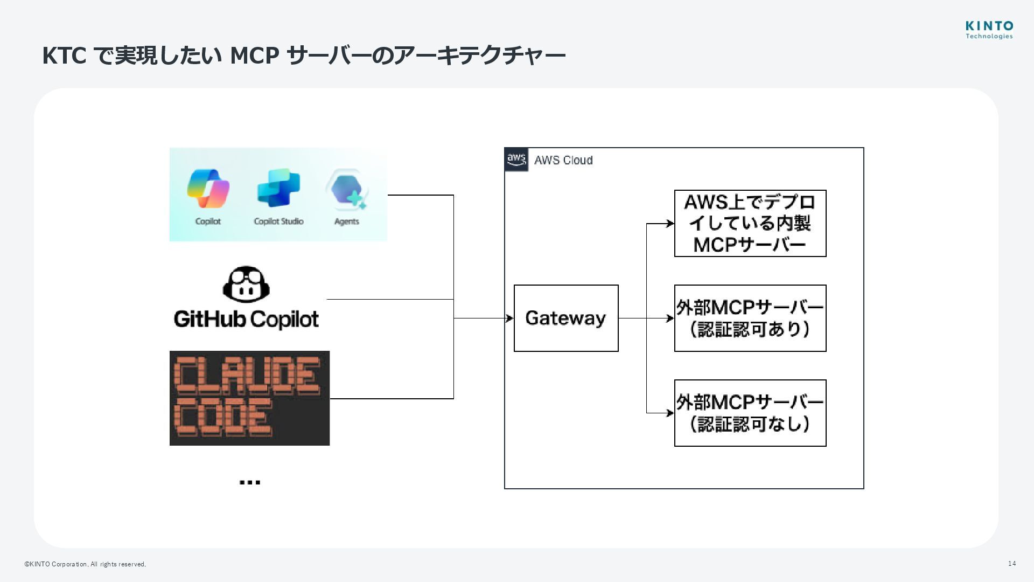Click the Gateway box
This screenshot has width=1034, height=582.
[x=566, y=318]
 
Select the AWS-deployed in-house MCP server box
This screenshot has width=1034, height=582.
[x=750, y=223]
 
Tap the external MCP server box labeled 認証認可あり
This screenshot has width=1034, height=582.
[x=750, y=318]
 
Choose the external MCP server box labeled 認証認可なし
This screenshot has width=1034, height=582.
[x=750, y=413]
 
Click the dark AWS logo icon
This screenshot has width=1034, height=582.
[x=516, y=160]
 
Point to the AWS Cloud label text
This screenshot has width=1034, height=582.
[x=563, y=160]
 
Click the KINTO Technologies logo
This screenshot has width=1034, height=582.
[x=989, y=30]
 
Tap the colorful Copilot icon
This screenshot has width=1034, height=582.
[x=208, y=189]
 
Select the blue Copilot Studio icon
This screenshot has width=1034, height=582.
[x=278, y=188]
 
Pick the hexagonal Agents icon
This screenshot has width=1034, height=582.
[x=347, y=189]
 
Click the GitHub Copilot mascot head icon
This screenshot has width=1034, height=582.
[x=246, y=285]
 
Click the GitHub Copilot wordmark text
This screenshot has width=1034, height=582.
[x=246, y=319]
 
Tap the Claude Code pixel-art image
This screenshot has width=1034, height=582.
[x=249, y=398]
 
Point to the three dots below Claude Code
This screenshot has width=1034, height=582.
[x=249, y=482]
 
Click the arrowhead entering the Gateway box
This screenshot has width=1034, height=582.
[x=509, y=318]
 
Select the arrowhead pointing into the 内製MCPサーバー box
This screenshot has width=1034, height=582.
[x=670, y=223]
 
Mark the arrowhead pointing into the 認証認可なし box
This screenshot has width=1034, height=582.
[x=670, y=413]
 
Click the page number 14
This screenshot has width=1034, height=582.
[x=1011, y=564]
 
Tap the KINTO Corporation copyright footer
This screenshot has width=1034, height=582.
[x=85, y=564]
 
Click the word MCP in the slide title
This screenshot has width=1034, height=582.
[x=254, y=56]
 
